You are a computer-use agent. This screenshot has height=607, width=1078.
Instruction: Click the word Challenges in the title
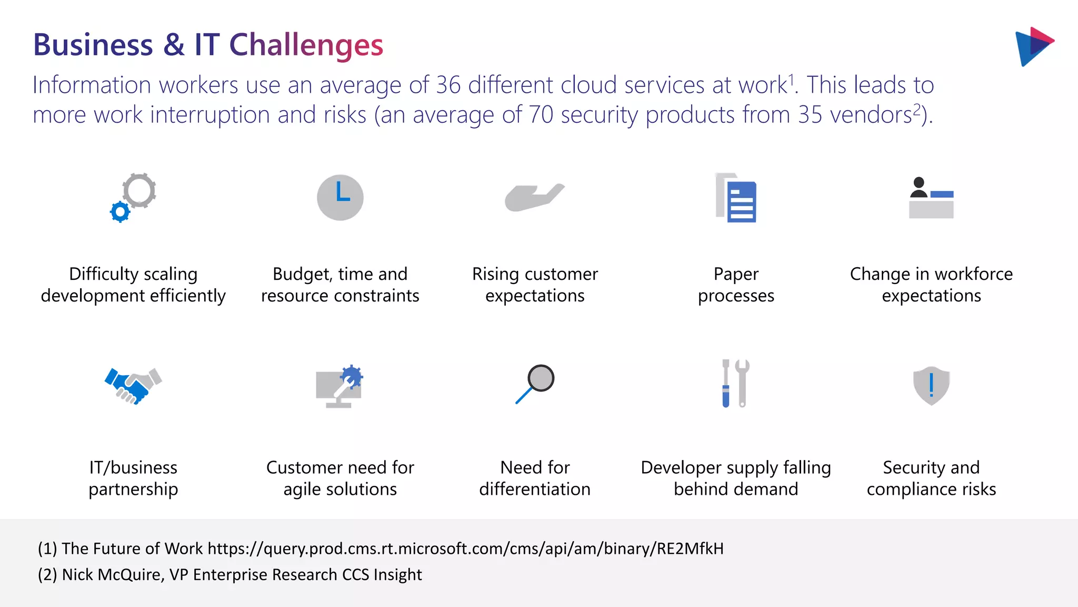click(306, 45)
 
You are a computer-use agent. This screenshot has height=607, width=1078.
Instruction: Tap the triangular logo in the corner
click(1033, 46)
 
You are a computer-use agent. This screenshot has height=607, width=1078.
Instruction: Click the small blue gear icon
click(120, 212)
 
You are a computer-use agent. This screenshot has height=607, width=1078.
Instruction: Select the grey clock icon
click(340, 198)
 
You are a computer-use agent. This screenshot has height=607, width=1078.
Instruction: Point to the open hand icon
click(534, 198)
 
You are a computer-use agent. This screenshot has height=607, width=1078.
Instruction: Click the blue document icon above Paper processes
click(741, 201)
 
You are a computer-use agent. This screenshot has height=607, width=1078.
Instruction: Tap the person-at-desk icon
click(931, 198)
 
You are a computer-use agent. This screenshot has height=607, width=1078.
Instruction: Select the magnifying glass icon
click(535, 384)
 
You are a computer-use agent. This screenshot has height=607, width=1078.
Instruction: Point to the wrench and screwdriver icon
click(735, 384)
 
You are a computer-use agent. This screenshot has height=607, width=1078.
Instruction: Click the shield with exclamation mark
click(931, 386)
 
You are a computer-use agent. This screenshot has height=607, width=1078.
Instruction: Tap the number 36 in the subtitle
click(448, 85)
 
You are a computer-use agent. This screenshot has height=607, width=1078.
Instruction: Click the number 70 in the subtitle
click(541, 115)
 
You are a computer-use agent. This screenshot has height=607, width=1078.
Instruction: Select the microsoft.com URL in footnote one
click(465, 549)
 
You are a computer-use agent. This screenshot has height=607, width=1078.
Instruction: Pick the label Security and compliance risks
click(931, 478)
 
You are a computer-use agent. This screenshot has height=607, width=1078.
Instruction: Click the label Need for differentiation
click(535, 478)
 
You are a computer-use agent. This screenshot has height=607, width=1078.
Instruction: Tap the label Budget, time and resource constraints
click(340, 285)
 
